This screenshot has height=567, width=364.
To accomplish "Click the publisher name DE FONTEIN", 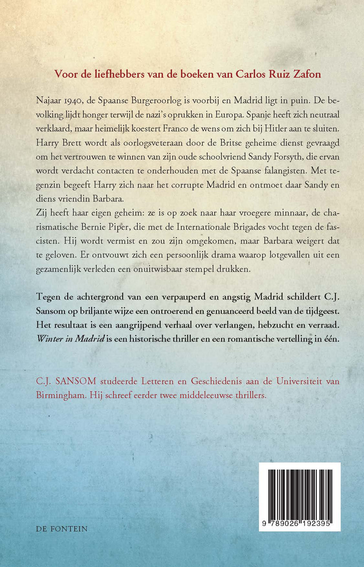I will [x=62, y=529].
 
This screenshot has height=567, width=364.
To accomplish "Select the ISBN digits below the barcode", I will [x=300, y=524].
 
